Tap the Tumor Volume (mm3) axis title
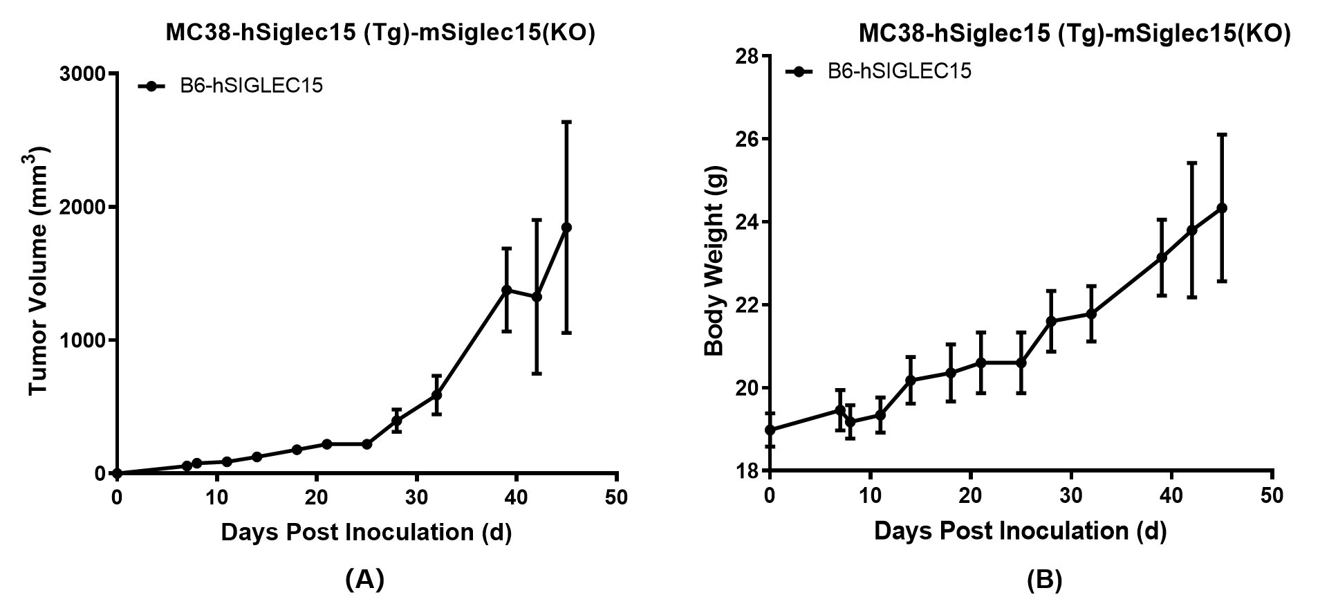coord(41,270)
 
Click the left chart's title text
coord(380,33)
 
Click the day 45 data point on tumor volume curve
coord(566,227)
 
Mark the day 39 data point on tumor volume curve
coord(506,290)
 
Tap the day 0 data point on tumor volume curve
coord(117,473)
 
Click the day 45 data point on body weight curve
coord(1222,208)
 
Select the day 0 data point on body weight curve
coord(770,430)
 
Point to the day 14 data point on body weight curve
coord(910,380)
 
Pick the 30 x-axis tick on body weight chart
coord(1070,495)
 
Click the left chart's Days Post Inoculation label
coord(366,532)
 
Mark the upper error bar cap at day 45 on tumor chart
coord(566,122)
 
